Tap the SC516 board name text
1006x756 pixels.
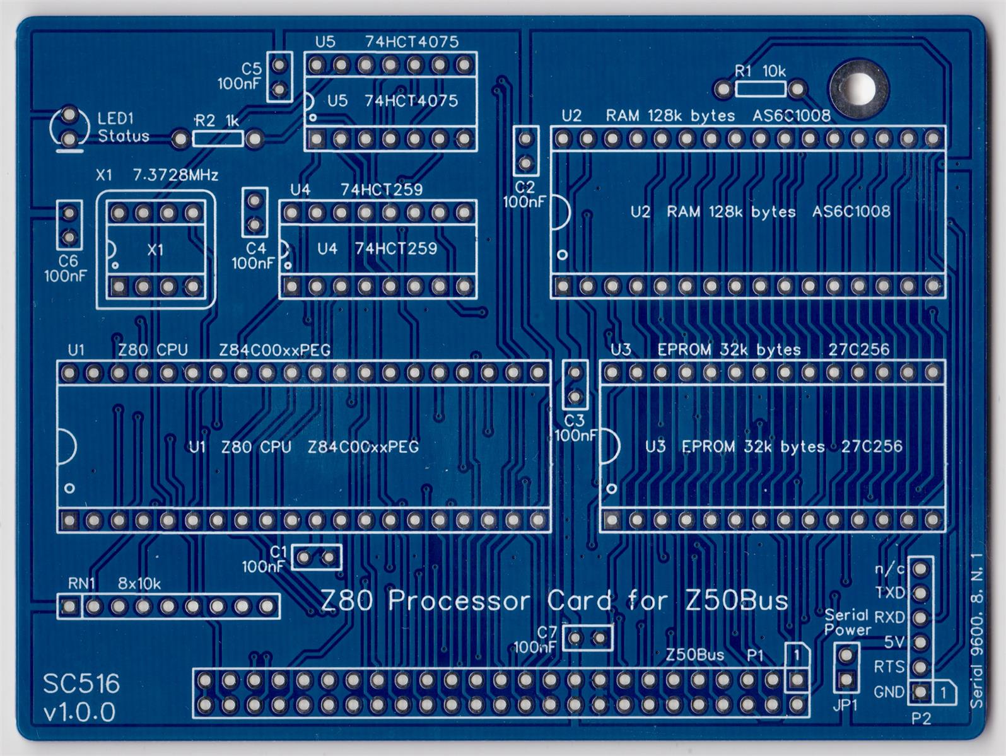point(81,683)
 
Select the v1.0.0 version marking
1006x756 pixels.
point(79,712)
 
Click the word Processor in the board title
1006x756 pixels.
point(459,601)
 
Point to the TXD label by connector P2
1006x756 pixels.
point(889,593)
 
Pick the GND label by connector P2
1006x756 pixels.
point(889,692)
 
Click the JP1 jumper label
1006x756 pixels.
point(845,706)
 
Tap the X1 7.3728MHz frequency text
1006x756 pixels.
point(175,175)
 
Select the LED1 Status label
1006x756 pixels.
point(123,127)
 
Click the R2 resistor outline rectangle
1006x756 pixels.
point(218,137)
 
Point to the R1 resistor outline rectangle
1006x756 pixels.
point(761,89)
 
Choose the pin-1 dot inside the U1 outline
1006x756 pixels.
point(69,487)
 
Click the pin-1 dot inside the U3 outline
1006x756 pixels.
point(611,488)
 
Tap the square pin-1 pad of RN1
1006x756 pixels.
point(69,607)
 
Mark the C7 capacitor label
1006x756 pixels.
point(547,632)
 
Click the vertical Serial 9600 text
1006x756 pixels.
point(976,631)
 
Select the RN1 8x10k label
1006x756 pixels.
point(114,583)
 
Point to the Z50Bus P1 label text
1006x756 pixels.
point(715,655)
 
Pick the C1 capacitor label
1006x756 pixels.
point(278,552)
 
